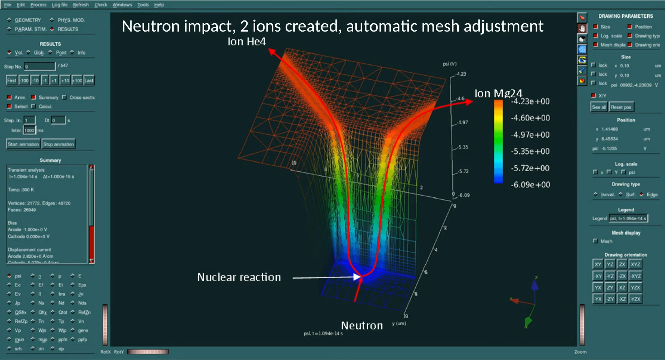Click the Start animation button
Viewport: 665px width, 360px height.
[x=23, y=144]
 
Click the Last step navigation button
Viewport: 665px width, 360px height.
[x=89, y=80]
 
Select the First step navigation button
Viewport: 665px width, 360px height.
[x=11, y=80]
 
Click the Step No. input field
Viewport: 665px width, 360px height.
[x=40, y=66]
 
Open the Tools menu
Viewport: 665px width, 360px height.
[x=143, y=5]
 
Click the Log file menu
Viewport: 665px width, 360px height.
[x=60, y=5]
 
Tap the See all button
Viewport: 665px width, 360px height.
[x=599, y=107]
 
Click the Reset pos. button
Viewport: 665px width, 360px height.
[x=622, y=107]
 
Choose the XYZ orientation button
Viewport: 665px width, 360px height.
[x=635, y=264]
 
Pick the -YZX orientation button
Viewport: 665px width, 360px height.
[x=635, y=299]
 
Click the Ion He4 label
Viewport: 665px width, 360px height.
[x=247, y=42]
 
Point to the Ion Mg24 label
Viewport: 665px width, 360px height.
[x=498, y=93]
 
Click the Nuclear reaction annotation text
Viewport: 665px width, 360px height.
[x=239, y=277]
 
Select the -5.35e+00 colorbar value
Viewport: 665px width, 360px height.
[x=530, y=151]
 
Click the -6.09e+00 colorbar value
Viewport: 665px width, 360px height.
[x=530, y=185]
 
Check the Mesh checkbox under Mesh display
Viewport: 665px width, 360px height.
[x=596, y=241]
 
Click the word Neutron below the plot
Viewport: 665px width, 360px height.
[x=362, y=325]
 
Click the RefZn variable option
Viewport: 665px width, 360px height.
[x=84, y=312]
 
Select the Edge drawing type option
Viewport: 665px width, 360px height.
[x=642, y=195]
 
